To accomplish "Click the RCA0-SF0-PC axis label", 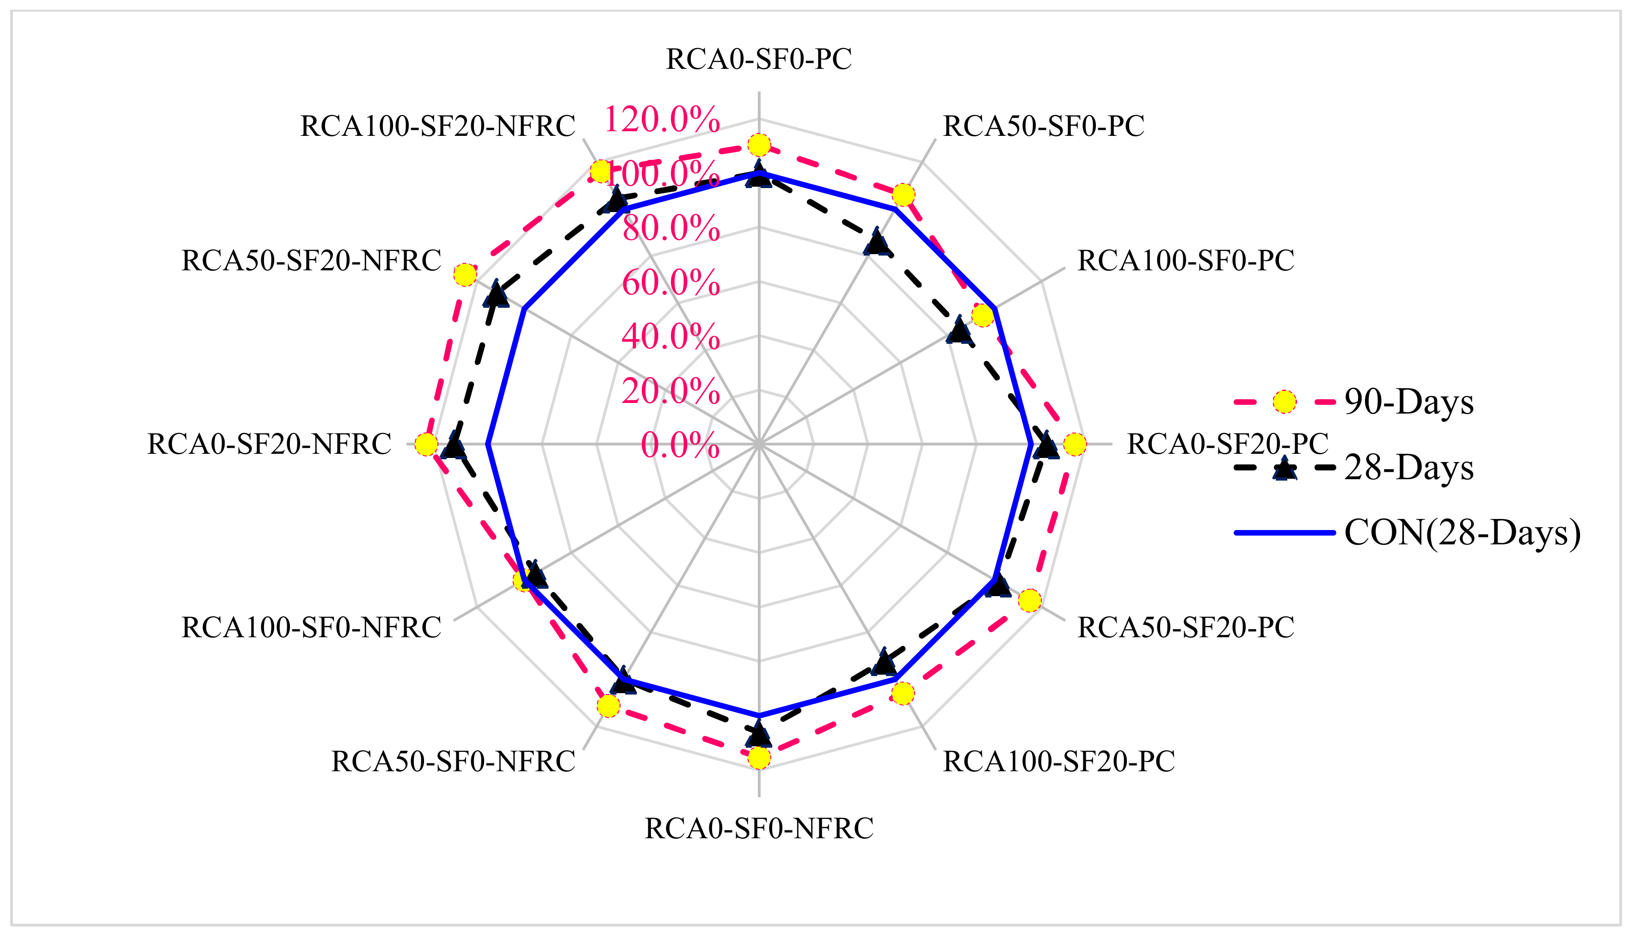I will coord(759,59).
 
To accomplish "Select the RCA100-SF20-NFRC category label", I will coord(437,127).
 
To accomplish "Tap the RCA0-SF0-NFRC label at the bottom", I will coord(759,829).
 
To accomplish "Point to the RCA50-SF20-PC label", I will coord(1186,628).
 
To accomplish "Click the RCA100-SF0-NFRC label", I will coord(311,628).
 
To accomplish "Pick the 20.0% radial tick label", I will coord(670,391).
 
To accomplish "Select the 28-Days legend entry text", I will coord(1409,468).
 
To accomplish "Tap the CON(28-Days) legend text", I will coord(1463,533).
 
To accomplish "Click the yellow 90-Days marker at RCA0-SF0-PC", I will coord(759,145).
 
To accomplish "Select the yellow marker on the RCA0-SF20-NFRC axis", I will coord(426,445).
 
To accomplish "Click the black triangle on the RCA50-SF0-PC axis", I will coord(876,243).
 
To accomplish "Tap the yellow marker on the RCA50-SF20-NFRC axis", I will coord(465,275).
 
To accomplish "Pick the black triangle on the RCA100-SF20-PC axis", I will coord(883,662).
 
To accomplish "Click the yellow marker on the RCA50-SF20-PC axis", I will coord(1030,600).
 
